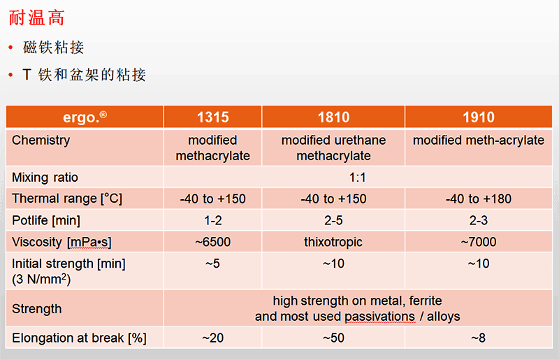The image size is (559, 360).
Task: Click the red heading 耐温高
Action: (37, 18)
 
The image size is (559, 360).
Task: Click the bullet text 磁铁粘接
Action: (54, 48)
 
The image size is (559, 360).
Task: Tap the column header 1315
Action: (213, 117)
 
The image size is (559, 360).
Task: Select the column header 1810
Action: (334, 117)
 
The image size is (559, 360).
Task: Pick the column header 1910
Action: (479, 117)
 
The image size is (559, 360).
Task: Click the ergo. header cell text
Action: (85, 117)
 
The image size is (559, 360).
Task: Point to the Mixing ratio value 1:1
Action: (358, 178)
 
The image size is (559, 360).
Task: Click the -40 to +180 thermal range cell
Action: (479, 199)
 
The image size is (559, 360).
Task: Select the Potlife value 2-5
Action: (333, 220)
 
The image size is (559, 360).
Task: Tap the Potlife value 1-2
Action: (213, 220)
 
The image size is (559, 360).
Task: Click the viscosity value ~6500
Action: (213, 242)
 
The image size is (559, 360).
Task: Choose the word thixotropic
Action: (333, 242)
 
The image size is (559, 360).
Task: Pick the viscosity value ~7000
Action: (479, 242)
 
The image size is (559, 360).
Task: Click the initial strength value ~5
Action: (213, 264)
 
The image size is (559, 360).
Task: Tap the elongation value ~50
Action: (334, 338)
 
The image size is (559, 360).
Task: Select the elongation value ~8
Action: (479, 338)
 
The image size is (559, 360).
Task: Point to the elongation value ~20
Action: (213, 338)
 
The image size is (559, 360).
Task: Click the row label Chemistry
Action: (41, 141)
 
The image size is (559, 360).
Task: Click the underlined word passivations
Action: (379, 317)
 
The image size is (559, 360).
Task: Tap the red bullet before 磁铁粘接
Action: (10, 47)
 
